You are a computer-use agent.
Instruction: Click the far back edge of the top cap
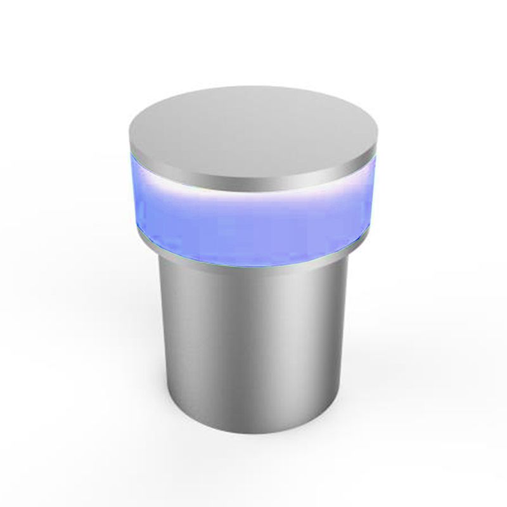pyautogui.click(x=253, y=86)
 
